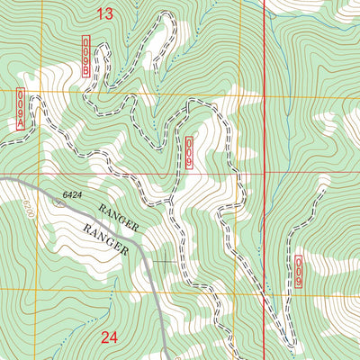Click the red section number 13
pyautogui.click(x=105, y=13)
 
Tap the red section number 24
pyautogui.click(x=109, y=338)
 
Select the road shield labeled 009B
pyautogui.click(x=86, y=57)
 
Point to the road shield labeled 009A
pyautogui.click(x=20, y=110)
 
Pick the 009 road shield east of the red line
pyautogui.click(x=299, y=271)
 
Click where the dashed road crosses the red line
pyautogui.click(x=264, y=297)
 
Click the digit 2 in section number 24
pyautogui.click(x=103, y=338)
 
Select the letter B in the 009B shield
pyautogui.click(x=86, y=69)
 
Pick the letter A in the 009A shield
pyautogui.click(x=20, y=123)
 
